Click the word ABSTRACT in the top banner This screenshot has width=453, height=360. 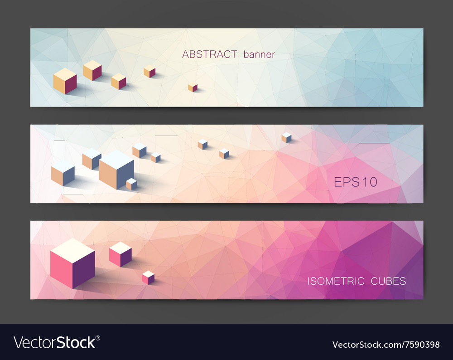[209, 54]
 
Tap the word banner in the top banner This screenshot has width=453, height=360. [259, 55]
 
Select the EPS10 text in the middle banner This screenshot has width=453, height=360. [356, 182]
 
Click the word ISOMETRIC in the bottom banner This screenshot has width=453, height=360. [336, 281]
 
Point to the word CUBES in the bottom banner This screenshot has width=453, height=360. [388, 281]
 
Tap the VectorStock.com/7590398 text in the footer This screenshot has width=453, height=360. [386, 345]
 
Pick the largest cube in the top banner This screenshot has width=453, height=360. [65, 81]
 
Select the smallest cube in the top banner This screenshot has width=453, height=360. [193, 88]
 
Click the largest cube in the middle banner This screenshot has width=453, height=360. [116, 170]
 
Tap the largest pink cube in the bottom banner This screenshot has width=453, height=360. [72, 263]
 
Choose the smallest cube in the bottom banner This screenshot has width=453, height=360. [148, 277]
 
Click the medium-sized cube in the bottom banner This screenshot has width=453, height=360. [120, 254]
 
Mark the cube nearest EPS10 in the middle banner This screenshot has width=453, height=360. [286, 137]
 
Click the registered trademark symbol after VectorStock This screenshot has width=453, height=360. [97, 337]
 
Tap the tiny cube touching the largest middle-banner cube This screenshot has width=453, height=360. [131, 184]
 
